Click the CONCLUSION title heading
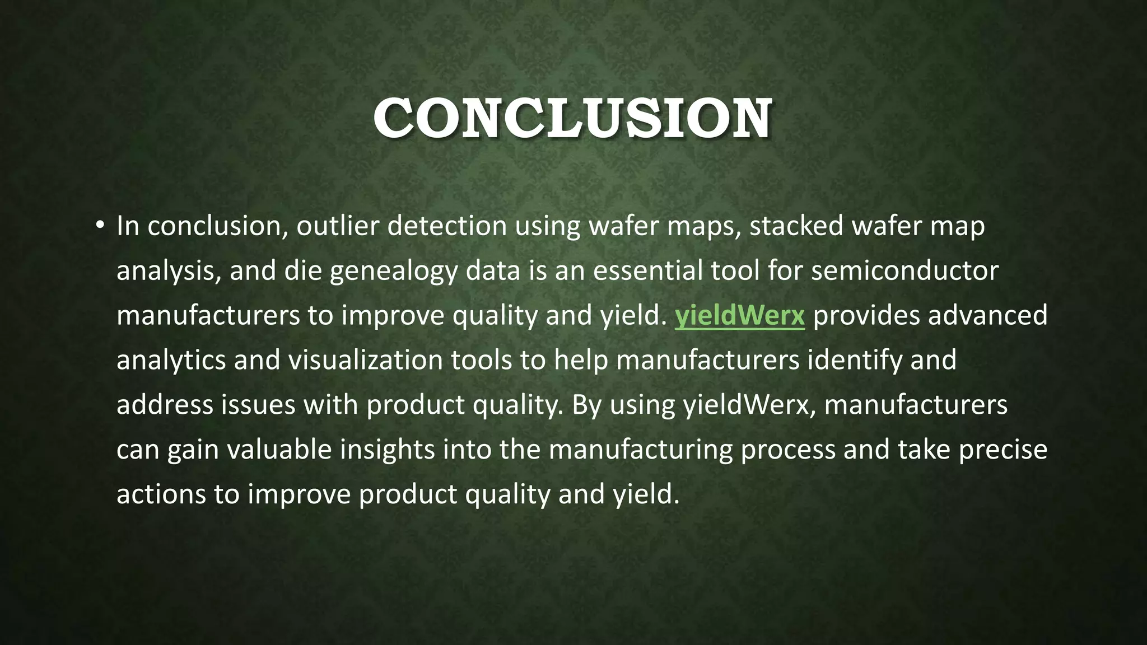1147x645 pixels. tap(573, 118)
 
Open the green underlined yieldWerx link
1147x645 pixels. tap(739, 315)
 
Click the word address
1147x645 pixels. tap(165, 405)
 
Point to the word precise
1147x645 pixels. tap(1003, 450)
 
